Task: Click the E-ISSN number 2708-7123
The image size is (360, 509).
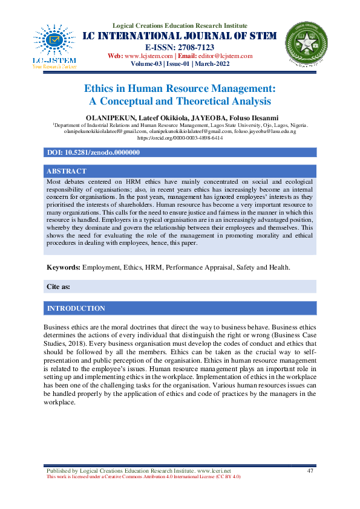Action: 197,47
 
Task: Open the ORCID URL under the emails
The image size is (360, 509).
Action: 180,138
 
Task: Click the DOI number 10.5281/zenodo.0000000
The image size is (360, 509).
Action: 102,153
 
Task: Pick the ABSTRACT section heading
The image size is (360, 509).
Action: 67,171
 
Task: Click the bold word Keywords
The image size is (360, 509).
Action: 64,267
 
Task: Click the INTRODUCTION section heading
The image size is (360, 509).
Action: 76,308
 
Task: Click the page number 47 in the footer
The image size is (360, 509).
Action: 310,470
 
